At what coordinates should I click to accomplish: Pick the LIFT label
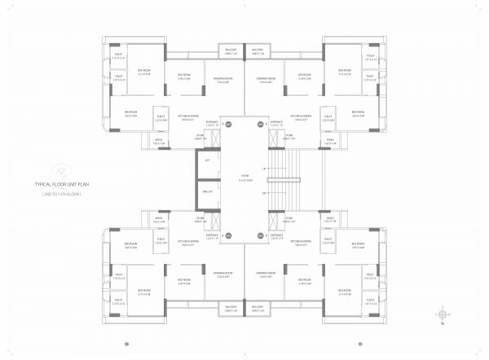point(207,161)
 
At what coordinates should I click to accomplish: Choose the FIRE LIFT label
point(207,191)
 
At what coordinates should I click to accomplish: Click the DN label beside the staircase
point(265,193)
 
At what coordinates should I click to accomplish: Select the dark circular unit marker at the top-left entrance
point(229,124)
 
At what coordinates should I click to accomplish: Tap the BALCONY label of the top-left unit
point(231,50)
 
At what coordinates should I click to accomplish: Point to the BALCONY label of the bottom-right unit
point(258,308)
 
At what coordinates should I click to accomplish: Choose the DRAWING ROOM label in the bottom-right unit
point(265,274)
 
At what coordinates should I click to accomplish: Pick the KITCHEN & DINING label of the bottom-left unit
point(188,242)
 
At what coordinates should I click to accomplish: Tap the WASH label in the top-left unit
point(160,139)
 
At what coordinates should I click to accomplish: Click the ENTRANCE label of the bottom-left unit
point(212,237)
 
